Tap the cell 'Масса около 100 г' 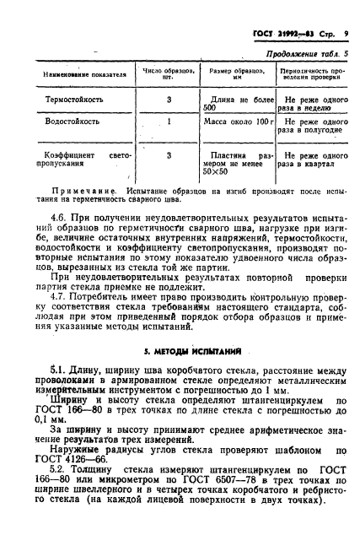click(239, 122)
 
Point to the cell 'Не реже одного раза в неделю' click(313, 104)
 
